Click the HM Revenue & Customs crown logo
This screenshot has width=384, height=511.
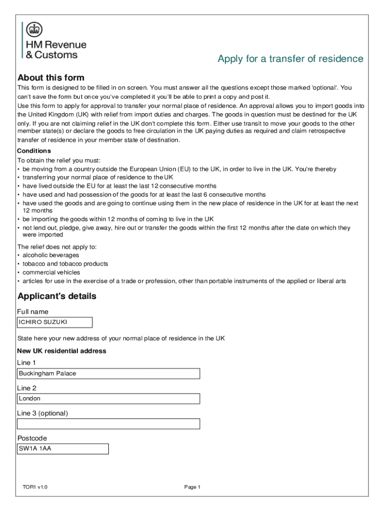(34, 29)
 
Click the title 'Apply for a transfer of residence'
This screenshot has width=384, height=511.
(290, 59)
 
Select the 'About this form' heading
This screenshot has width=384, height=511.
(51, 78)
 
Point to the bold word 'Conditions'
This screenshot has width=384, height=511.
(34, 151)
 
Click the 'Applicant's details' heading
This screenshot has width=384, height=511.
(57, 296)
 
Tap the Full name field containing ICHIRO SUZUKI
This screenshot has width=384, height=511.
(55, 322)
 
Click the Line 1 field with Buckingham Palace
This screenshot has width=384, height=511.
(108, 374)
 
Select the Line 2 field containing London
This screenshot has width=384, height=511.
(108, 399)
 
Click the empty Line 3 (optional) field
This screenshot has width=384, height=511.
(108, 424)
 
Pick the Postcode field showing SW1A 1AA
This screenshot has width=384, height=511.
(63, 449)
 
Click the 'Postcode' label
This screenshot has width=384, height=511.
(32, 438)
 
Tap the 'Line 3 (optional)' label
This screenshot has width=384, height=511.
(42, 413)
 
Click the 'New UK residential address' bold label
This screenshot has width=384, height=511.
(61, 351)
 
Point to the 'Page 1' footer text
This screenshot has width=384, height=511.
(192, 487)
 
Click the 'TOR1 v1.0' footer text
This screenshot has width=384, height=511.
(35, 487)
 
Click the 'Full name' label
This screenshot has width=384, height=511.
(32, 312)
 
